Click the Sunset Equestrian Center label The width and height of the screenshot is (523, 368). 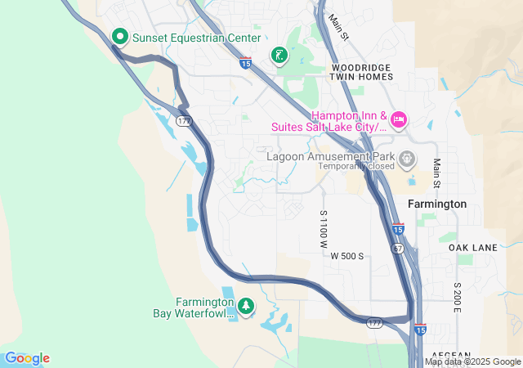point(197,38)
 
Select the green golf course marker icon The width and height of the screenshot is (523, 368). point(279,55)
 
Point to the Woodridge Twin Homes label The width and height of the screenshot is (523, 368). point(360,71)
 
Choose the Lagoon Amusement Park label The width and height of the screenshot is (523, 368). point(332,155)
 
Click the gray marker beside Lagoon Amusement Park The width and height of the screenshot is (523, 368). point(408,157)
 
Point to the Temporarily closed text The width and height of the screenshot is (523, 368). point(356,166)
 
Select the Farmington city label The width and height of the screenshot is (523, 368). point(438,204)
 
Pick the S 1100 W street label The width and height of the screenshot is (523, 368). point(324,229)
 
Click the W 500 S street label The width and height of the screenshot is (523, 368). point(346,256)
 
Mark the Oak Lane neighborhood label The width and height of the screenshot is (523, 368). point(472,247)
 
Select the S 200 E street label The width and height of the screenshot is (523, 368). point(458,298)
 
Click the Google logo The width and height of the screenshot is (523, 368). point(27,358)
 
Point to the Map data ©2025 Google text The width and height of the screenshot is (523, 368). point(472,361)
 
